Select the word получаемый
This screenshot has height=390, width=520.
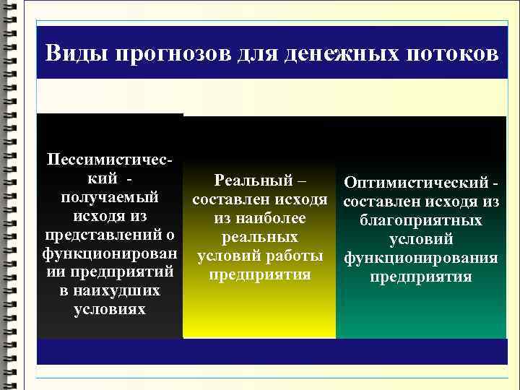(x=110, y=196)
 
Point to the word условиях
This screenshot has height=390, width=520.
(x=110, y=309)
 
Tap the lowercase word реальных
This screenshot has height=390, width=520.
(x=260, y=237)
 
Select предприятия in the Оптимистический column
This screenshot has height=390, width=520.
(x=421, y=277)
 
